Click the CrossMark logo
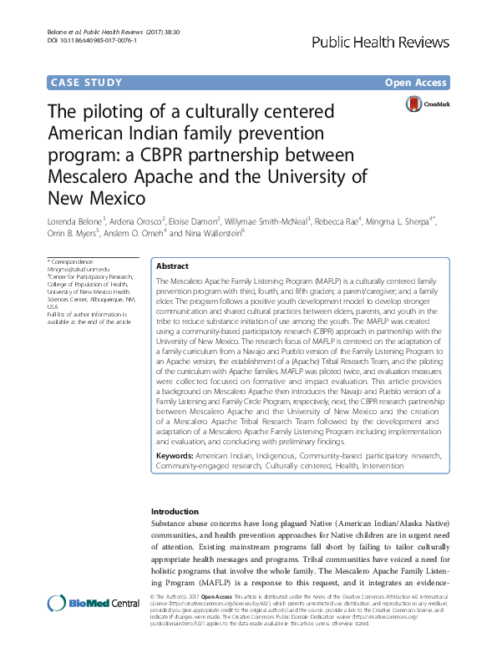pos(428,104)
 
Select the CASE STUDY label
pos(87,83)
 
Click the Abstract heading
pos(173,265)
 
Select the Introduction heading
pos(175,511)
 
